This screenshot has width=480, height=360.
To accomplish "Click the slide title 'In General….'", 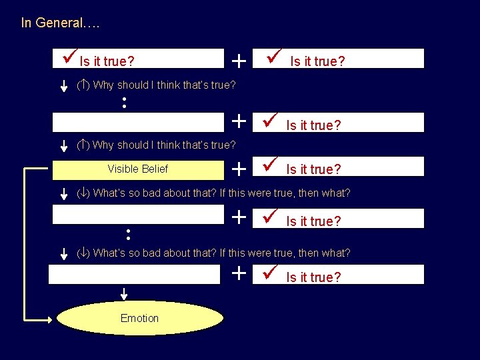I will click(60, 23).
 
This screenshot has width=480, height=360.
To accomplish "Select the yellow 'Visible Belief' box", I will click(138, 169).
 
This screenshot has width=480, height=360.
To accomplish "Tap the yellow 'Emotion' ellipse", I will click(140, 318).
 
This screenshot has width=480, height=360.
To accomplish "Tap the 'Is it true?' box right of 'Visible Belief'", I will click(343, 167).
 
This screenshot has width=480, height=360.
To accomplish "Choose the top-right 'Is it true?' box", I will click(343, 59).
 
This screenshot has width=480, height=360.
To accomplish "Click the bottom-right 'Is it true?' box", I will click(343, 275).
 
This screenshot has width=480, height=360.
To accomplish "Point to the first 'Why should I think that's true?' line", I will click(157, 85).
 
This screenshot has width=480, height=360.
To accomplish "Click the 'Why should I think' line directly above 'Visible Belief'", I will click(157, 145).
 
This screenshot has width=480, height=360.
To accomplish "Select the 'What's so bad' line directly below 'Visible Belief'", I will click(213, 193).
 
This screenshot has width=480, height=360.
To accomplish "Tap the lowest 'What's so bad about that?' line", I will click(213, 253).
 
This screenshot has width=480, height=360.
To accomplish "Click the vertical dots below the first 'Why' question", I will click(125, 103).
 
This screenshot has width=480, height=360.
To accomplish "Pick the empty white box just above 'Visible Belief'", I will click(138, 123).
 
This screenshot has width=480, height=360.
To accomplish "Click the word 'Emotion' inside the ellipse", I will click(140, 318).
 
